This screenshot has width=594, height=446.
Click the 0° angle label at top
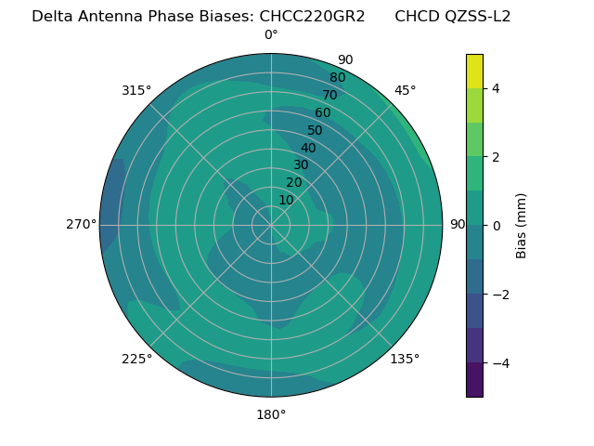click(x=271, y=35)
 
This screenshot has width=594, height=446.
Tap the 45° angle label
click(x=406, y=90)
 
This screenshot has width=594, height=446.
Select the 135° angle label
click(x=405, y=359)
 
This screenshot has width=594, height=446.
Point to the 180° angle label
click(x=271, y=414)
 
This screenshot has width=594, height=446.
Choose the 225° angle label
click(x=136, y=359)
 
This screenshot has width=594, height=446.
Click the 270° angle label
click(x=82, y=224)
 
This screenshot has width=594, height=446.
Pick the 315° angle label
click(x=136, y=90)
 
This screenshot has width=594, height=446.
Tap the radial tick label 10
click(x=286, y=200)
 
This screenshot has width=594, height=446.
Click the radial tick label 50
click(x=316, y=130)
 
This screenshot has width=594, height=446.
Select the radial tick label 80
click(x=338, y=77)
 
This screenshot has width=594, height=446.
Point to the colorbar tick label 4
click(x=497, y=88)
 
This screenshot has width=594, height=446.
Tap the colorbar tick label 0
click(x=497, y=226)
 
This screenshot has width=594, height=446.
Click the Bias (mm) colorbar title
click(x=522, y=226)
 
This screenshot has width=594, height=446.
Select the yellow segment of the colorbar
click(x=474, y=71)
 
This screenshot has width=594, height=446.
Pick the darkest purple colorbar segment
click(x=474, y=380)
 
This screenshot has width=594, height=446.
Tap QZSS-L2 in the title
click(x=478, y=16)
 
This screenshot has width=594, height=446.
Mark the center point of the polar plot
click(x=271, y=225)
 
